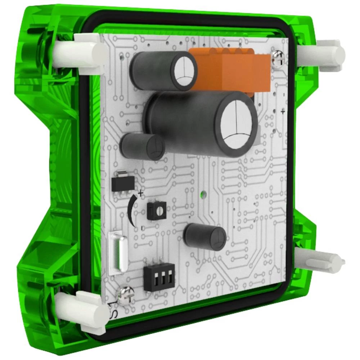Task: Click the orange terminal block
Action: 230,70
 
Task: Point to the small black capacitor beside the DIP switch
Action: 205,237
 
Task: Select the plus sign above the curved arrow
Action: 141,194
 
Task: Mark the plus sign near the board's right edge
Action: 283,112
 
